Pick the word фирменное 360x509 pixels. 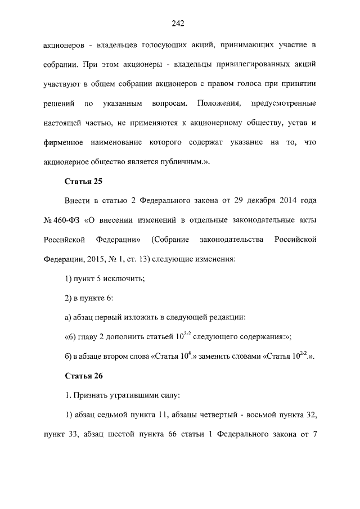(64, 142)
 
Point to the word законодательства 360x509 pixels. (232, 240)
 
